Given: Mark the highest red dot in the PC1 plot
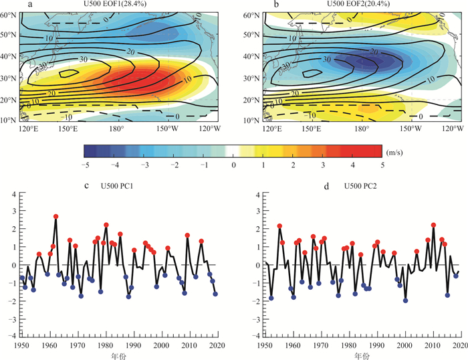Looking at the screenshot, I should pos(56,217).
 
